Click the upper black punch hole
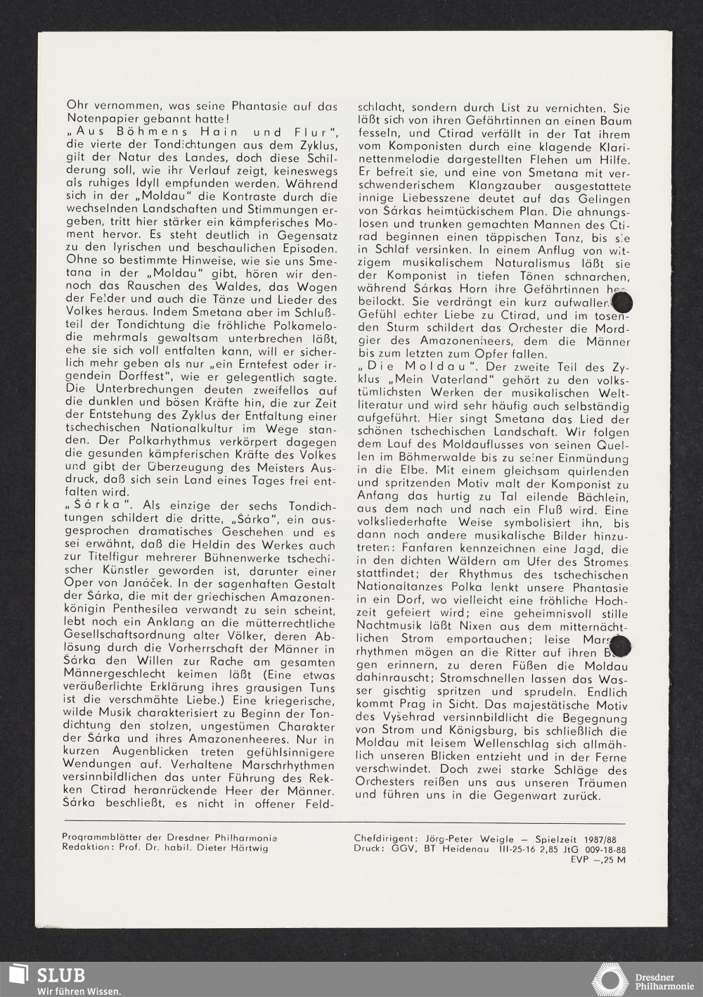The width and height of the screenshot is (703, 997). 622,302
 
